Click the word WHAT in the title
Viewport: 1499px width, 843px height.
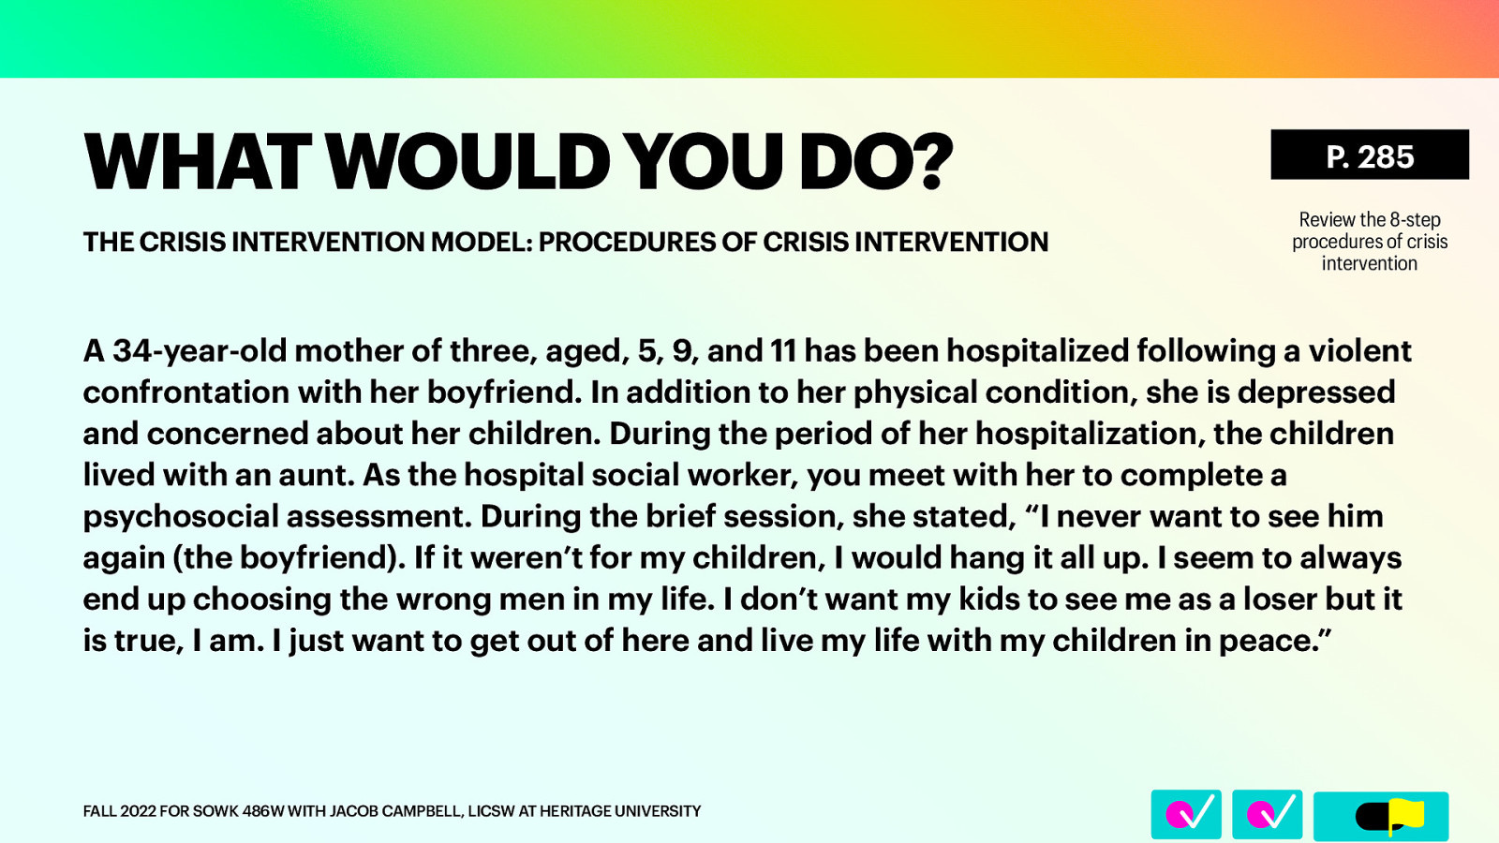point(198,162)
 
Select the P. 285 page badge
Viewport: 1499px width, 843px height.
point(1369,155)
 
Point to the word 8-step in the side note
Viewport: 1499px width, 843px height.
point(1415,220)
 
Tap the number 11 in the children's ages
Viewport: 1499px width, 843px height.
point(783,351)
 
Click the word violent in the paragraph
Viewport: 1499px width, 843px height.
point(1359,351)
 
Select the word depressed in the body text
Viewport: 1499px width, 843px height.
point(1316,392)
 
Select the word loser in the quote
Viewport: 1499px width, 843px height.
point(1281,599)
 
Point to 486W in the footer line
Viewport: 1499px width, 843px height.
point(263,811)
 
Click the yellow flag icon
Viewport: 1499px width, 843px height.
point(1404,815)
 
